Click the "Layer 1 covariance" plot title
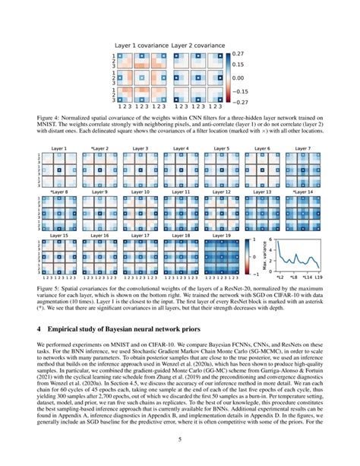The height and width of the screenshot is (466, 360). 141,46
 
